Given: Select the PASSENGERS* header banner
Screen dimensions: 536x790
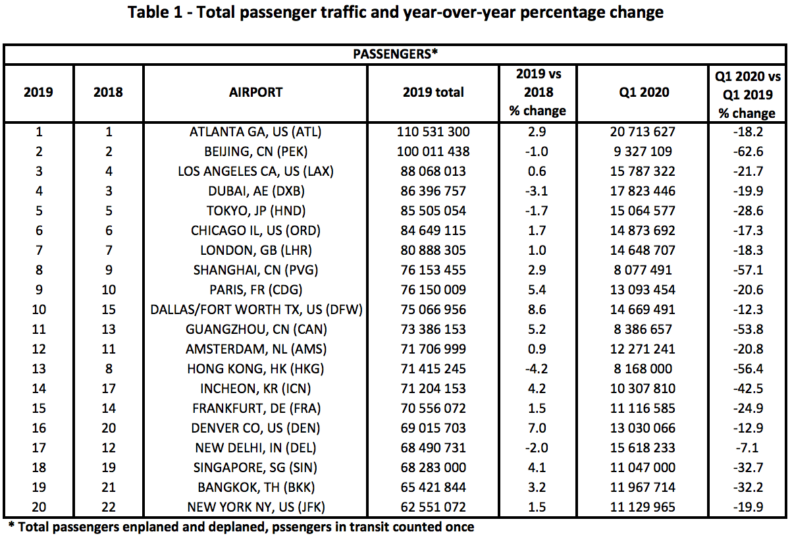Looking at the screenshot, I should point(395,54).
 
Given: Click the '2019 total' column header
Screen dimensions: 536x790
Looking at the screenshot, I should point(433,92).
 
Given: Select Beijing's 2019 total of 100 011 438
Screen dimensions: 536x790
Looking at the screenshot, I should point(433,151).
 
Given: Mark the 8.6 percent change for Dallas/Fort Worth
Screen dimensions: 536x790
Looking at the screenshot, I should point(537,309).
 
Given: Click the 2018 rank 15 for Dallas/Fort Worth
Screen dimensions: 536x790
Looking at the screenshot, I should point(108,309).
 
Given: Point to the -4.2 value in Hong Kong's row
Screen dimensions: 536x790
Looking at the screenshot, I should point(537,369).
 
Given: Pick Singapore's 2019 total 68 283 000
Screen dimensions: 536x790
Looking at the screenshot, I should point(433,468).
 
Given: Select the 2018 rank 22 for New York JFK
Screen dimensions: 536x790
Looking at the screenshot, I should point(108,507).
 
